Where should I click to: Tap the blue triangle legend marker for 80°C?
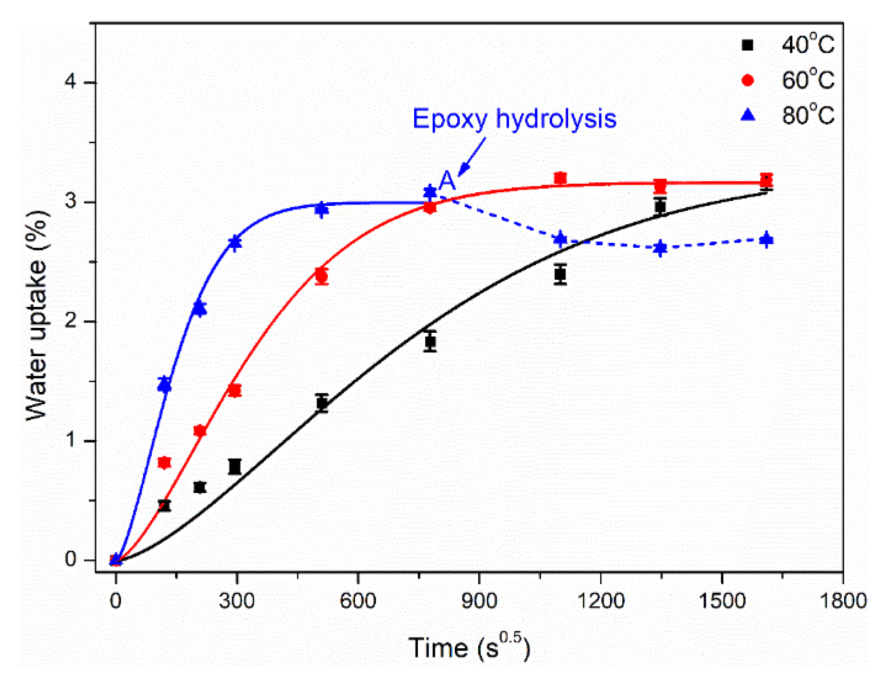pos(748,115)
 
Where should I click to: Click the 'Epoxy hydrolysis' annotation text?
pos(514,119)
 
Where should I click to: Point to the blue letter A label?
pos(447,180)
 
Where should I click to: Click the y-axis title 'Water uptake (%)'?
pos(37,315)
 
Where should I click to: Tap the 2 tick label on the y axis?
pos(70,321)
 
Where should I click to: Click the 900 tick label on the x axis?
pos(479,601)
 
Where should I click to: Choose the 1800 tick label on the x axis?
pos(843,601)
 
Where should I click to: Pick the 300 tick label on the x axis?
pos(237,601)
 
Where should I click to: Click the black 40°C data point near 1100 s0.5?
pos(560,274)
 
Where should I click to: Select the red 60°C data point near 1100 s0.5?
pos(560,178)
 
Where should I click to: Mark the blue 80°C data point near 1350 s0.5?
pos(660,248)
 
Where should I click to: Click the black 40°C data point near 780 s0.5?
pos(430,342)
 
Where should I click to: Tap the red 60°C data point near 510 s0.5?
pos(322,276)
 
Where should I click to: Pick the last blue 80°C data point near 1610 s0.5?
pos(766,240)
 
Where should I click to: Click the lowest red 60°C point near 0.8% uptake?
pos(164,462)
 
